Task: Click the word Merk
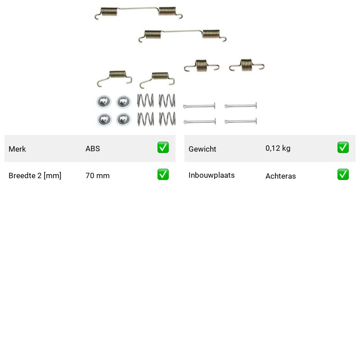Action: point(17,149)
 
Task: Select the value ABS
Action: point(93,148)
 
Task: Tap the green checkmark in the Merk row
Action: point(163,148)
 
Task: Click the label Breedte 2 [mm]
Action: point(35,175)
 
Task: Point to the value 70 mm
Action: point(98,175)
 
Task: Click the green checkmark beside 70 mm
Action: point(163,175)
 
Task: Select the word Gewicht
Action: point(202,149)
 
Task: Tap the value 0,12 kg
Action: point(278,148)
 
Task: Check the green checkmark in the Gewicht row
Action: point(343,148)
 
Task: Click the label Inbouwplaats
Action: point(211,175)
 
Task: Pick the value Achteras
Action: point(280,176)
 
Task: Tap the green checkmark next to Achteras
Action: point(343,175)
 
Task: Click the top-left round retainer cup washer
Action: point(104,101)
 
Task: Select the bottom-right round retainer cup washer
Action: point(123,119)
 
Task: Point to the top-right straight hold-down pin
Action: point(241,106)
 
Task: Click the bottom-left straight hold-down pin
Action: point(199,121)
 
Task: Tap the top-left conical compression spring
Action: point(145,100)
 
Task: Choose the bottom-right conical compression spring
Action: point(167,119)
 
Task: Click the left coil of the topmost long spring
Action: point(109,12)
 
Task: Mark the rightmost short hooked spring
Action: point(246,65)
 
